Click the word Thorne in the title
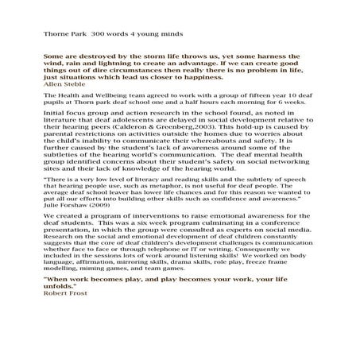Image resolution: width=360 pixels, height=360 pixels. (58, 35)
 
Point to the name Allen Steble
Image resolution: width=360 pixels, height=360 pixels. (67, 85)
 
